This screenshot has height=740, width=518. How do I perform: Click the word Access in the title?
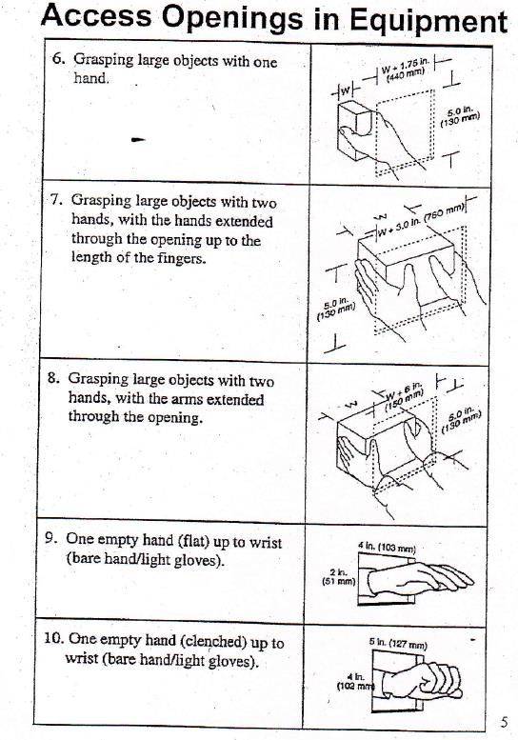point(96,15)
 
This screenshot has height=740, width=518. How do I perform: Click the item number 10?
point(52,638)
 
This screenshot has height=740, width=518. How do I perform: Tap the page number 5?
point(505,722)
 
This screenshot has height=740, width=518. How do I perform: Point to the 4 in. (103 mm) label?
point(387,548)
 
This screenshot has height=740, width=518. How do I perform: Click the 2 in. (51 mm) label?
point(338,577)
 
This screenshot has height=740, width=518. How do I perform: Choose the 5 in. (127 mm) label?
point(398,644)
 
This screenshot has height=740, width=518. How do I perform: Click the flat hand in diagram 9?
point(420,578)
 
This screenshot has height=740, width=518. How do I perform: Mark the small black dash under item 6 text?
point(138,140)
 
